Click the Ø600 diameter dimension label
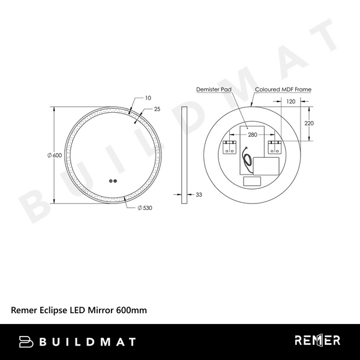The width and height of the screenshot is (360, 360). [55, 155]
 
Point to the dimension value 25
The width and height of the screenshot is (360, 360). [157, 109]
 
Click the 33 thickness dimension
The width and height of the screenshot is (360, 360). [199, 194]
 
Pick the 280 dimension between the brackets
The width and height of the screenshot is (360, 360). [252, 136]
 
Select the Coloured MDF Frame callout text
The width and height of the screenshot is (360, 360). [283, 89]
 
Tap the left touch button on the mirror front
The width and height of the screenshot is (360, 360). [110, 182]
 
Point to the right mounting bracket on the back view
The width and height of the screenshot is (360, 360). [274, 148]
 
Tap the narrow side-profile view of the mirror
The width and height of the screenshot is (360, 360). [184, 155]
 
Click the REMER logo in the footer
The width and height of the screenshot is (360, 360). [317, 341]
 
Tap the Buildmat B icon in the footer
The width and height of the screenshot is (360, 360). [26, 341]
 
